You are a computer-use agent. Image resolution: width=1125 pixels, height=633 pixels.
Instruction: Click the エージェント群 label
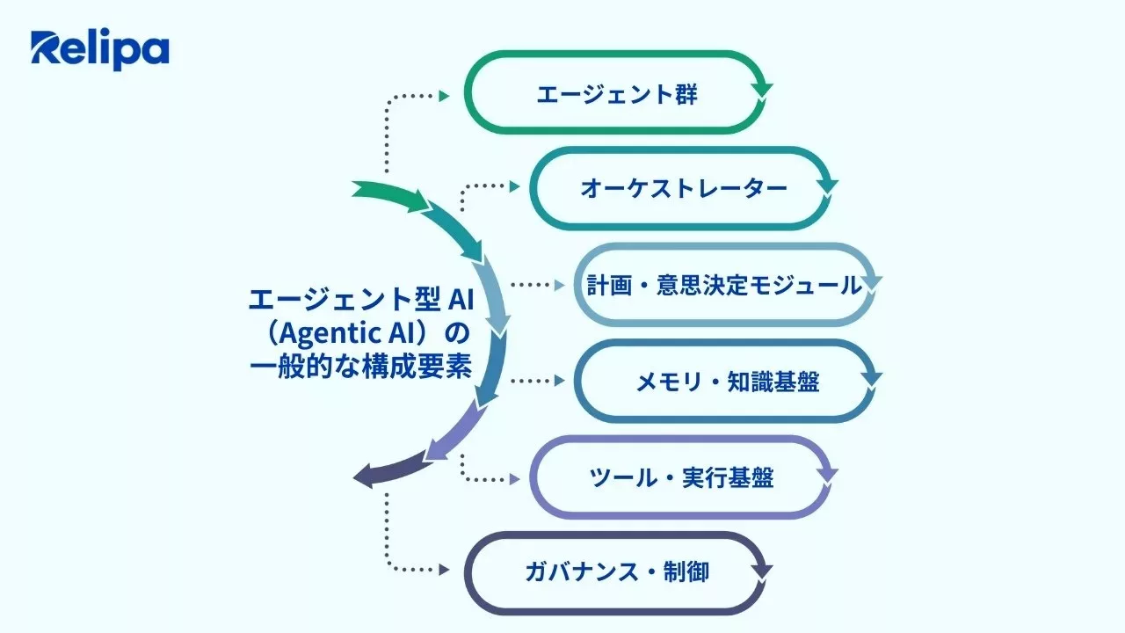[x=617, y=94]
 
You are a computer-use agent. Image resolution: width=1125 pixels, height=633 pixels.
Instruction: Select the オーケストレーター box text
[x=684, y=189]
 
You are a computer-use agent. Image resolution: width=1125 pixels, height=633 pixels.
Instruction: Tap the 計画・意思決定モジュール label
[x=724, y=285]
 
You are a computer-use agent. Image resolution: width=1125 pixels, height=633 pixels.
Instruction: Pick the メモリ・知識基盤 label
[x=728, y=382]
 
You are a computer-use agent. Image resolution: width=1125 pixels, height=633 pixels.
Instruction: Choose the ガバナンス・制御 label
[x=617, y=573]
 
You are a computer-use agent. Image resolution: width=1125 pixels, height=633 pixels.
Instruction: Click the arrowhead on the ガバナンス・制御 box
[x=762, y=570]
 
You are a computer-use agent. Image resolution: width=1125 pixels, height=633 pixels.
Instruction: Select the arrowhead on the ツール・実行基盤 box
[x=825, y=474]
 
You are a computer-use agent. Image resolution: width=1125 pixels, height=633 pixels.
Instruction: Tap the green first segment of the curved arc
[x=387, y=195]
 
